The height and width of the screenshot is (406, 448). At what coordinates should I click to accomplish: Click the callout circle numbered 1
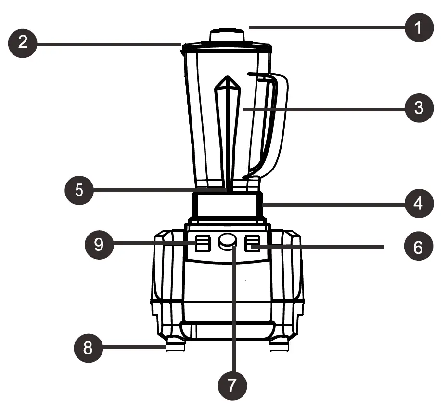point(419,27)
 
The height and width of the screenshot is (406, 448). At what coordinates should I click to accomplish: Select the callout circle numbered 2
point(23,44)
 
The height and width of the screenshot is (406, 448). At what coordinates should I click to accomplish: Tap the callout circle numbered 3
point(419,107)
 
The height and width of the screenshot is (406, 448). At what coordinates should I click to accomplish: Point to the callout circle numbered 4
point(419,203)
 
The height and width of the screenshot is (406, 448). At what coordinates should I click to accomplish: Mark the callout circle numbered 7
point(232,384)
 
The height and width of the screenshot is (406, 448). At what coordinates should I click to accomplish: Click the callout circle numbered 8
point(88,346)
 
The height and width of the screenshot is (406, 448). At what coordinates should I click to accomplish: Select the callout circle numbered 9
point(99,245)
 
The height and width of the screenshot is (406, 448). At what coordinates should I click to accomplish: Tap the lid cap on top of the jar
point(227,36)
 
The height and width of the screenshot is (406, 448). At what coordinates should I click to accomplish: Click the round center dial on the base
point(227,241)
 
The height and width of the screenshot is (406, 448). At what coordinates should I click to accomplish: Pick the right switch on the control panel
point(252,243)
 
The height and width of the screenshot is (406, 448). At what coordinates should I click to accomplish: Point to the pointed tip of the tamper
point(227,80)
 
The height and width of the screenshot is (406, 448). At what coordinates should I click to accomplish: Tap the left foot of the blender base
point(175,345)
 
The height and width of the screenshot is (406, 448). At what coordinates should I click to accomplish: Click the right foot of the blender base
point(279,345)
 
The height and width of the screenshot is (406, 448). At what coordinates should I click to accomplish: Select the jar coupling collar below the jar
point(227,204)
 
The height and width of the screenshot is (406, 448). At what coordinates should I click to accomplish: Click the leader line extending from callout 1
point(327,27)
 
